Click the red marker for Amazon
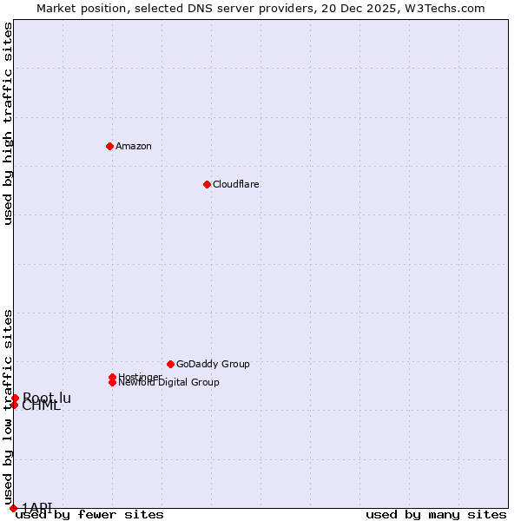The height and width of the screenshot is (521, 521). point(109,146)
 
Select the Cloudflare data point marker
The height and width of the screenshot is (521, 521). point(207,184)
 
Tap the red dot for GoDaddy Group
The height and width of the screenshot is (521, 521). point(170,364)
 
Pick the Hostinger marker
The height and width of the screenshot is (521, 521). point(112,377)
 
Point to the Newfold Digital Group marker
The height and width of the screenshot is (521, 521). point(112,382)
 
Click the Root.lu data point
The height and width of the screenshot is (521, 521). point(15,398)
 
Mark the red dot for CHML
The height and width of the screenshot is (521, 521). point(14,405)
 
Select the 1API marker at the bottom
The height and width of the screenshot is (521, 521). point(13,508)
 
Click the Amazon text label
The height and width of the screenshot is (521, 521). point(134,146)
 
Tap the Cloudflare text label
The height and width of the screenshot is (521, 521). point(236,184)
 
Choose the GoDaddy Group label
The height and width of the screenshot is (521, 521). point(213,364)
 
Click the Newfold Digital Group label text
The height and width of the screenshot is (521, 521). point(168,382)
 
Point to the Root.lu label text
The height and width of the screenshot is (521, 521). point(47,398)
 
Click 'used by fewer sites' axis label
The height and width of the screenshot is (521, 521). point(89,514)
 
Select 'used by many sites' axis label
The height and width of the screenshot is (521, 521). point(436,514)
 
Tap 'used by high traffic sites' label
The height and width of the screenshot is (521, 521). point(8,124)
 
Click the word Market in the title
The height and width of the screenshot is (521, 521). point(56,8)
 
